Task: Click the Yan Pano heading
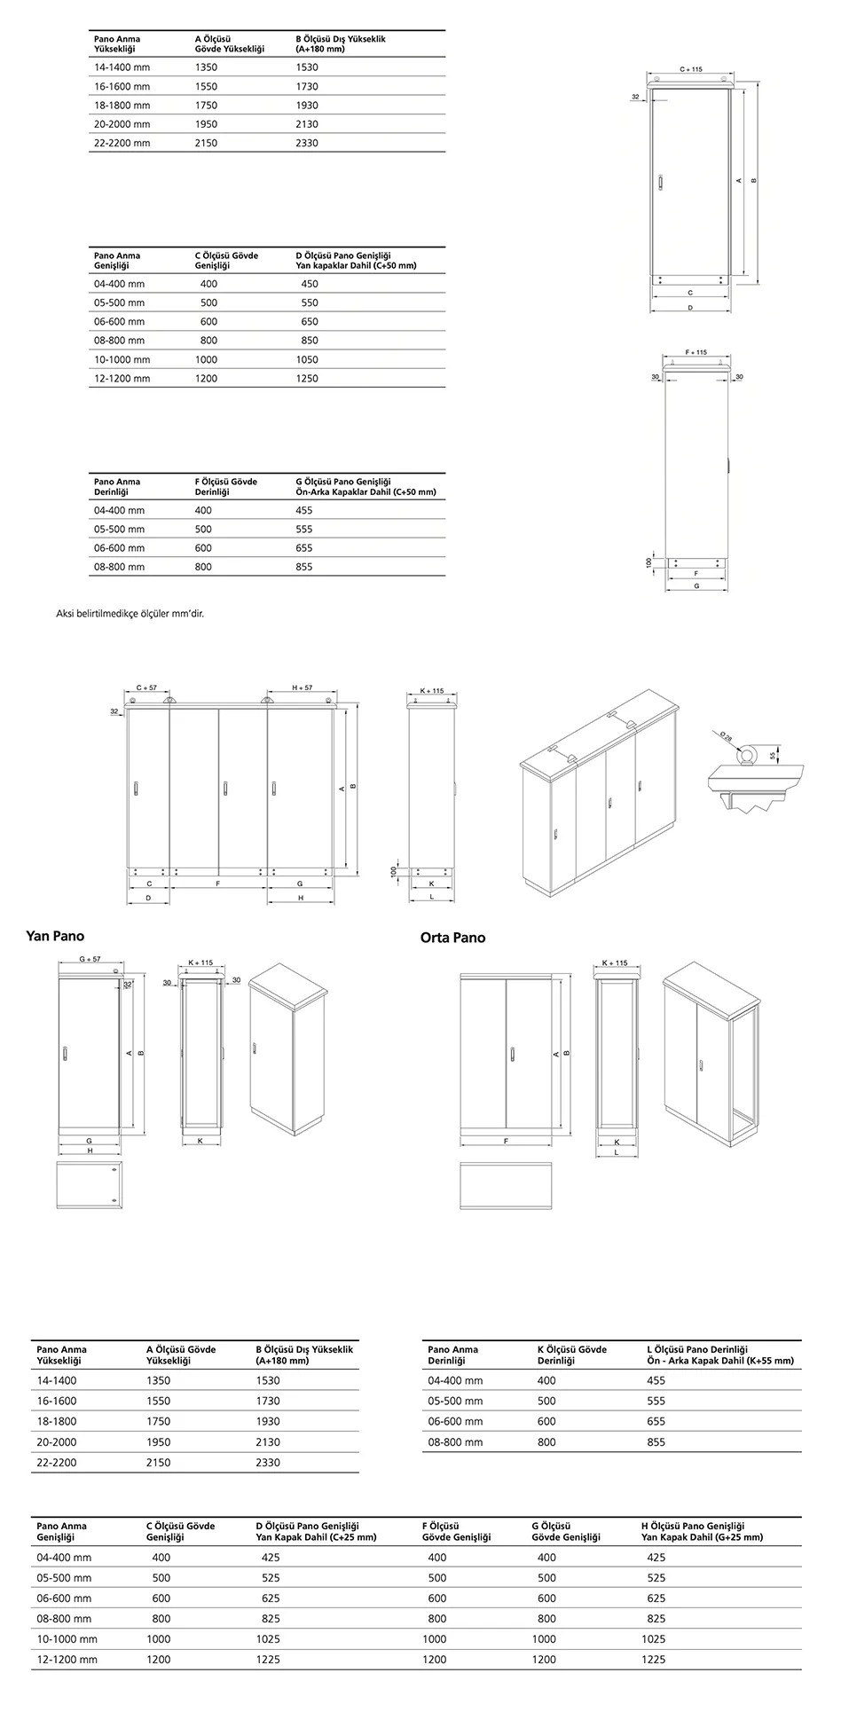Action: click(56, 936)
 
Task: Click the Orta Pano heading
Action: click(452, 938)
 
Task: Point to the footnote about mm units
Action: click(130, 613)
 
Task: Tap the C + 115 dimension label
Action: click(691, 68)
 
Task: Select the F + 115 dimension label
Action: click(696, 352)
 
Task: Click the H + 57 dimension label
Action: click(302, 687)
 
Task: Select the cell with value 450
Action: click(309, 284)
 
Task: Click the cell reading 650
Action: click(309, 322)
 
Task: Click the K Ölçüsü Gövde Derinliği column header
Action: click(572, 1355)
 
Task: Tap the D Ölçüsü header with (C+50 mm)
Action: click(356, 261)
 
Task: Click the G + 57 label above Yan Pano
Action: click(90, 959)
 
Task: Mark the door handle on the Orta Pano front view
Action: click(513, 1053)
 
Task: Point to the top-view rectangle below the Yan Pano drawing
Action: click(89, 1185)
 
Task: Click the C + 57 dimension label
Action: click(146, 687)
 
